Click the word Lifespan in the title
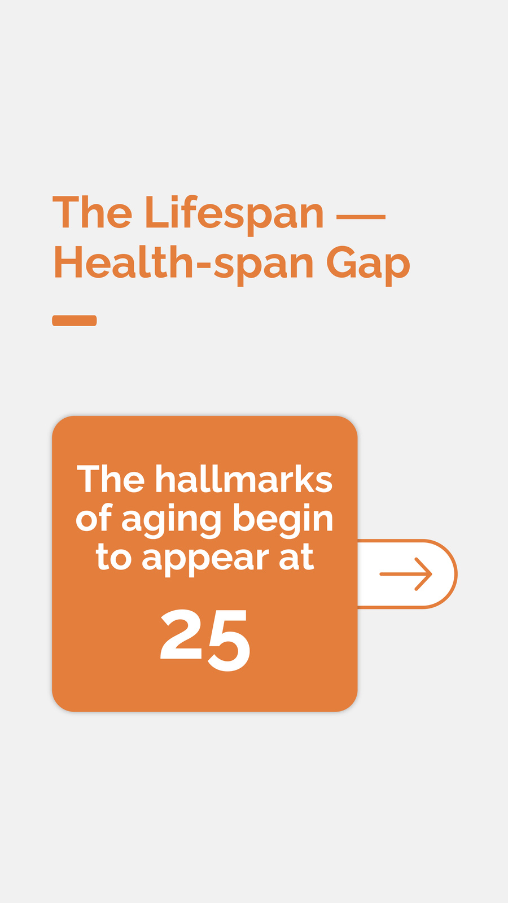[x=234, y=214]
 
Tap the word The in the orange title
[x=93, y=211]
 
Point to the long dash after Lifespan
[x=361, y=217]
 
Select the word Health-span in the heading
[x=184, y=262]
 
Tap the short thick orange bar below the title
[x=75, y=321]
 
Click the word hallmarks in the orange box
[x=244, y=479]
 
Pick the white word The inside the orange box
[x=111, y=479]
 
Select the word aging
[x=172, y=520]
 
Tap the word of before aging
[x=94, y=518]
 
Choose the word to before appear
[x=113, y=556]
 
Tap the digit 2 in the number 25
[x=181, y=634]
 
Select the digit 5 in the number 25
[x=229, y=641]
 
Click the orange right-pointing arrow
[x=406, y=574]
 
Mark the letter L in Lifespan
[x=156, y=212]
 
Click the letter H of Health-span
[x=68, y=262]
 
